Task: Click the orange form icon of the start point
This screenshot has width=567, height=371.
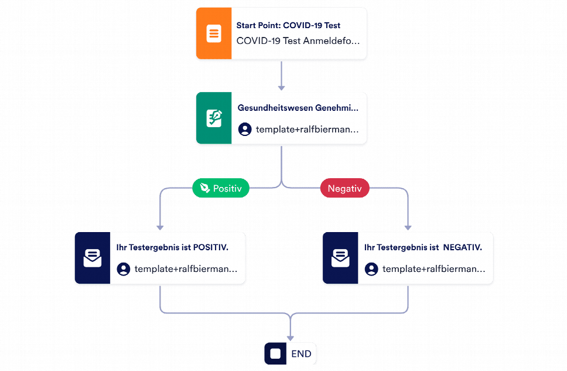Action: (214, 33)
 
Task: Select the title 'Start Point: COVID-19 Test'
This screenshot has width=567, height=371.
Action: (288, 25)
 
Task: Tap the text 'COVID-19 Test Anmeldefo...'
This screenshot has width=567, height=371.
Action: (298, 41)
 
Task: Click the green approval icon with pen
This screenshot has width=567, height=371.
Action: (214, 118)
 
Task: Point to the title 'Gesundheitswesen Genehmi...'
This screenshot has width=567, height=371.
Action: (298, 108)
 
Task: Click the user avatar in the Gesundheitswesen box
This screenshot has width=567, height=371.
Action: (245, 129)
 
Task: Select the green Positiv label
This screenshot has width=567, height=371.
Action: (221, 188)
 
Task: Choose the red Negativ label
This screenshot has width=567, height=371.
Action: (344, 188)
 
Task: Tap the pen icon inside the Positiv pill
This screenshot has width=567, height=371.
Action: (205, 188)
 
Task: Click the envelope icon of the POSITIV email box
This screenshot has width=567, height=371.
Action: (93, 258)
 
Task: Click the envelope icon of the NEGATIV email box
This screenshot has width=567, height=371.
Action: (340, 258)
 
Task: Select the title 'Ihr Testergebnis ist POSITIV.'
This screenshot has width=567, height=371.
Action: (172, 247)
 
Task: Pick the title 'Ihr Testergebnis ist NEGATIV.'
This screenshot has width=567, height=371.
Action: (423, 247)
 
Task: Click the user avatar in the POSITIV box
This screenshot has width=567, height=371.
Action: (124, 269)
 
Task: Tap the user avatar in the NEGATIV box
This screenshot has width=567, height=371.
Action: (371, 269)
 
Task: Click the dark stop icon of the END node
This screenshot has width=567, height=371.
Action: (275, 353)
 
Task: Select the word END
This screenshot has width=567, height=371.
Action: (301, 354)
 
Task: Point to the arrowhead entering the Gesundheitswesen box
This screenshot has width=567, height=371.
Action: (281, 88)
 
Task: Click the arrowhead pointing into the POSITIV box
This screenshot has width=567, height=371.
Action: (160, 227)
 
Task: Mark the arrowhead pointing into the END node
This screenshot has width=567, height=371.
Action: (291, 338)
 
